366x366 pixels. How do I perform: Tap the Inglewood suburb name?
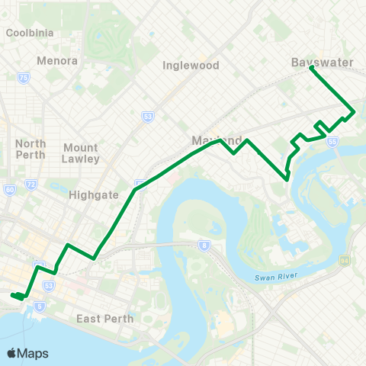pos(191,66)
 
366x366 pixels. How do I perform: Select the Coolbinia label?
pos(29,33)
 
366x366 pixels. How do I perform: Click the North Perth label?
pos(30,149)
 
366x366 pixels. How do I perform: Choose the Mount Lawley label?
pos(81,153)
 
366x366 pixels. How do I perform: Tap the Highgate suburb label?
pos(94,194)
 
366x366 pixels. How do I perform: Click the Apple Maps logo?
pos(27,353)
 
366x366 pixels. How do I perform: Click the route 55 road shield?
pos(332,142)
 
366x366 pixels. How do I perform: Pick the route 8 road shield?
pos(204,246)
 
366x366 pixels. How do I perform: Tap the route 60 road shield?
pos(10,190)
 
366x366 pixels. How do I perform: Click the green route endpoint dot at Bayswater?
pos(312,68)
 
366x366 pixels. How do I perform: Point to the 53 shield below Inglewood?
pos(147,116)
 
